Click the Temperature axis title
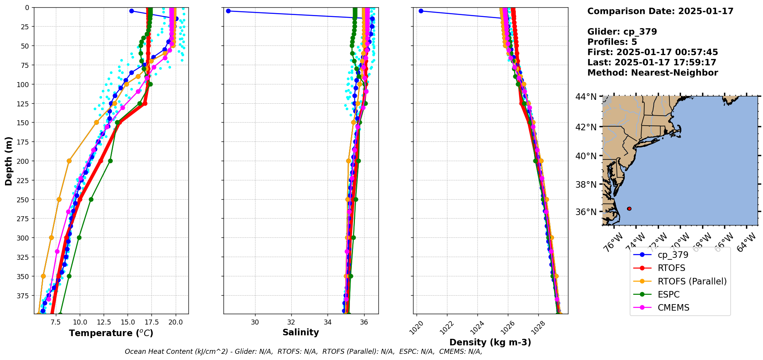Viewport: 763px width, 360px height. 111,333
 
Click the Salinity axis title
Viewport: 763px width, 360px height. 301,332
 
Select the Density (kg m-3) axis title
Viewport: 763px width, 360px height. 490,342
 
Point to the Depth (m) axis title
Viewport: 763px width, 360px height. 9,161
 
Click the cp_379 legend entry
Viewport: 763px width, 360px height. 672,255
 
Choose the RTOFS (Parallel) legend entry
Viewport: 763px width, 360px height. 692,281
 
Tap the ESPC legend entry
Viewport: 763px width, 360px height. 668,294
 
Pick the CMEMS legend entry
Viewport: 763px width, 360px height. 673,308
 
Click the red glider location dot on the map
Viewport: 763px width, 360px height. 629,209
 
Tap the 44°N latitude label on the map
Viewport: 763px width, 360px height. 586,97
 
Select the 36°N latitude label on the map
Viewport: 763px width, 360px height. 586,212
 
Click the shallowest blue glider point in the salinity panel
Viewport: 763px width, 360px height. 228,11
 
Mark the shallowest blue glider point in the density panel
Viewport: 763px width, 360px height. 421,11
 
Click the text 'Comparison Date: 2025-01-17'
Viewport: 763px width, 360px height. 660,11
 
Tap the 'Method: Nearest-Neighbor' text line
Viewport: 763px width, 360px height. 652,73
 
